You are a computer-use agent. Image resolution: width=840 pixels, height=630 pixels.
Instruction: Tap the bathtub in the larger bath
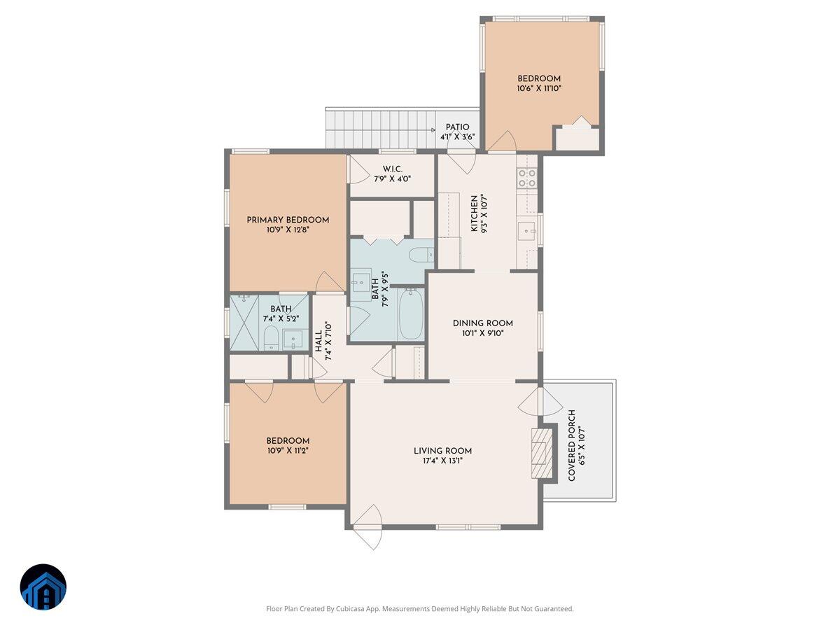pyautogui.click(x=411, y=314)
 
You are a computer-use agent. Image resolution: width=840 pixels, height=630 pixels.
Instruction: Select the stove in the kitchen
pyautogui.click(x=527, y=178)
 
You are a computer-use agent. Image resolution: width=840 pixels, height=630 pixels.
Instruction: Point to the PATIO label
pyautogui.click(x=457, y=127)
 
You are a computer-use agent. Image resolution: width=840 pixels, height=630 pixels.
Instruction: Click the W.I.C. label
pyautogui.click(x=392, y=169)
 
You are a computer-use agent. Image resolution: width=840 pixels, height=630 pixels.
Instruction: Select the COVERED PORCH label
pyautogui.click(x=572, y=445)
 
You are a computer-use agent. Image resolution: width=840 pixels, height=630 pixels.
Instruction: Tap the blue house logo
pyautogui.click(x=43, y=587)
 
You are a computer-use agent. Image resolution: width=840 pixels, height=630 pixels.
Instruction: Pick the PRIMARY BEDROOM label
pyautogui.click(x=288, y=220)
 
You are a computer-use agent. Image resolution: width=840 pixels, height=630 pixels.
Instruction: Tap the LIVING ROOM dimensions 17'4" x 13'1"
pyautogui.click(x=442, y=461)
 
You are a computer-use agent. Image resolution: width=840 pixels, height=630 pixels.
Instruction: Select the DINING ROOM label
pyautogui.click(x=482, y=323)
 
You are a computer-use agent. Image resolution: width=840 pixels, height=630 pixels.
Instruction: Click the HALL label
pyautogui.click(x=318, y=341)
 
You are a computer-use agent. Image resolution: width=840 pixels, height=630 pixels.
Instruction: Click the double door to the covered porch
pyautogui.click(x=540, y=401)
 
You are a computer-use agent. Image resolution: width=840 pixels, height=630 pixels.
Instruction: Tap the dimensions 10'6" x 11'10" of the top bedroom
pyautogui.click(x=539, y=89)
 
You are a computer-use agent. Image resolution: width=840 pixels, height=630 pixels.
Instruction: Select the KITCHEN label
pyautogui.click(x=475, y=213)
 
